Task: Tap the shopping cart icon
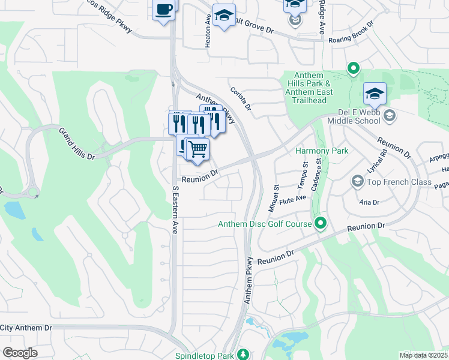point(197,148)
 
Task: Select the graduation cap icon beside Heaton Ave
point(224,16)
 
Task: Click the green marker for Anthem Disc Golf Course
point(321,224)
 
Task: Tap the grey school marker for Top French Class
point(358,181)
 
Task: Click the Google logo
point(20,353)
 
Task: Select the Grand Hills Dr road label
point(76,143)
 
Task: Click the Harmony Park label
point(321,150)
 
